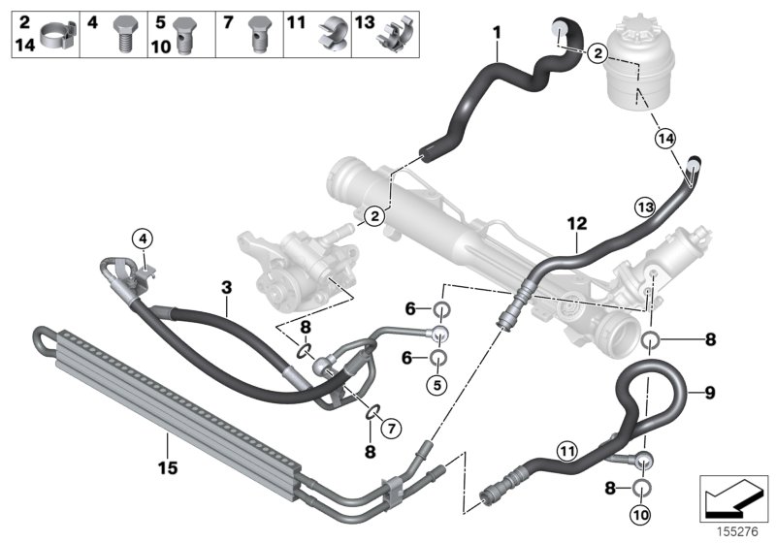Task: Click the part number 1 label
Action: (x=496, y=33)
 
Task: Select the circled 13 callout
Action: (x=645, y=205)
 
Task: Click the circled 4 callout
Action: (x=142, y=238)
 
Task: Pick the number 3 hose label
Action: (x=226, y=287)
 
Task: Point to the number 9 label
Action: (x=708, y=393)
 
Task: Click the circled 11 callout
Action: (x=567, y=447)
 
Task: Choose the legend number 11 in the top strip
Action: (x=296, y=20)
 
